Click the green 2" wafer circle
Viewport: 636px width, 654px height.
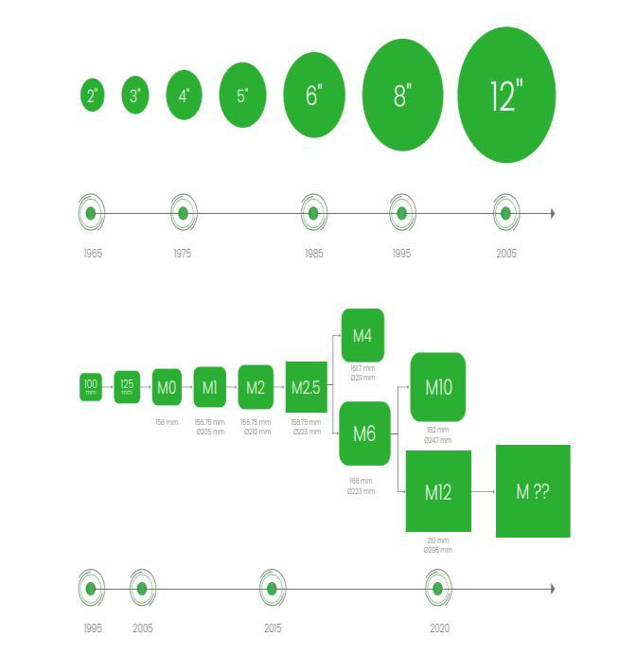pos(92,95)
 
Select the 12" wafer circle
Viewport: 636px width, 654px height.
pos(506,96)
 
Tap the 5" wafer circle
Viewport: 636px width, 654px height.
pos(242,95)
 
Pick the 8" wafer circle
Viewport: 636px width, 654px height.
pos(402,95)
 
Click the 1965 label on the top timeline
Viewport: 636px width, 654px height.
pos(92,254)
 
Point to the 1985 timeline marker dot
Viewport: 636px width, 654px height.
pos(314,213)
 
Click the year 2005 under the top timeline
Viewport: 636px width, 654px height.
pos(506,254)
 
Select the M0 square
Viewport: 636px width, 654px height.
pos(167,387)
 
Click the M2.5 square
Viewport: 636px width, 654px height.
pos(306,387)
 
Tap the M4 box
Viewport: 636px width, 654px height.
pos(362,335)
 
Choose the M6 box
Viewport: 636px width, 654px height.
pos(364,433)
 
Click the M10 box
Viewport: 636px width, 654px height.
pos(438,386)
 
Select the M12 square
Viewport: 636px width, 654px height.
pos(438,491)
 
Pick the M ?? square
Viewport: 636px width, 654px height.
pos(533,491)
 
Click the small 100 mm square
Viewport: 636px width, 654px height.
pos(91,386)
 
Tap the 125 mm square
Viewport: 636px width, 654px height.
pos(127,386)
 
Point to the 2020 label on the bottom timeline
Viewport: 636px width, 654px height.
pos(439,628)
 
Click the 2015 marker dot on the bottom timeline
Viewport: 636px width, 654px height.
pos(272,589)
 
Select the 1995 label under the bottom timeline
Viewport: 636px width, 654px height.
pos(92,628)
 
